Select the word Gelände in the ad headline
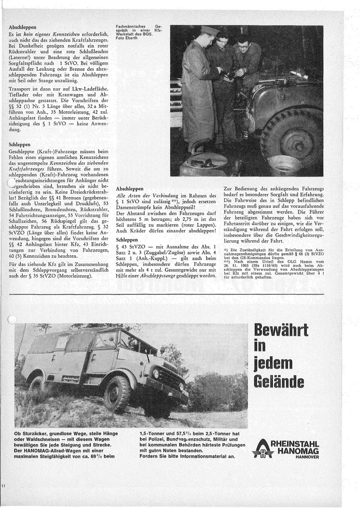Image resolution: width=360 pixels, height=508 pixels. point(282,381)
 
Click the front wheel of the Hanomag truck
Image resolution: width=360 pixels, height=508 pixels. point(117,393)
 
